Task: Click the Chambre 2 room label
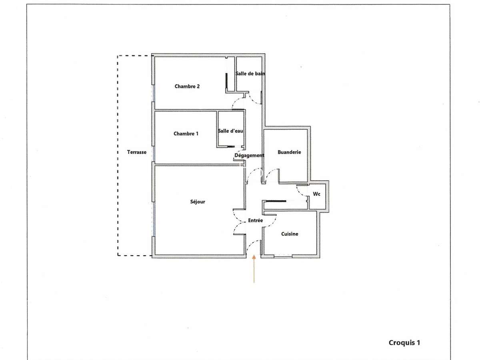pos(187,86)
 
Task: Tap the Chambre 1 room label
pos(186,134)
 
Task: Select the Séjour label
pos(198,202)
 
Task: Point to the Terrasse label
pos(137,152)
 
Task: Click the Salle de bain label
pos(250,74)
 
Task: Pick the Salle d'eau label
pos(230,131)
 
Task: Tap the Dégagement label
pos(249,156)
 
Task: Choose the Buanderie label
pos(289,152)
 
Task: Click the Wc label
pos(316,194)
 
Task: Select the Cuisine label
pos(290,234)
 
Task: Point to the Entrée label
pos(255,220)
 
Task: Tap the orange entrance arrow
pos(254,269)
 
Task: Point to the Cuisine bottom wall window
pos(283,256)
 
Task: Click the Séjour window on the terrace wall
pos(154,219)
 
